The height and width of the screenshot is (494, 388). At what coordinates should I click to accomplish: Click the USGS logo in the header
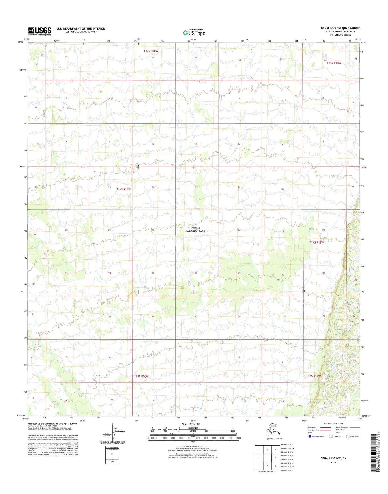point(40,31)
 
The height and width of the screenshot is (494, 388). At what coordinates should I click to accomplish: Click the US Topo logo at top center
point(194,32)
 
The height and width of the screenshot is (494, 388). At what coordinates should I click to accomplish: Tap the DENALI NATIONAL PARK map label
point(195,229)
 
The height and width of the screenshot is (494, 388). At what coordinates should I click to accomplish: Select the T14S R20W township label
point(124,189)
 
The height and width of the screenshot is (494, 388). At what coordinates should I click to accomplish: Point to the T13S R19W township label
point(334,63)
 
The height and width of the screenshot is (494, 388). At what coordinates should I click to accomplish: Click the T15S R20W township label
point(141,376)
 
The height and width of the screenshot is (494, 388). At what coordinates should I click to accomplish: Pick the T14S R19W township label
point(317,242)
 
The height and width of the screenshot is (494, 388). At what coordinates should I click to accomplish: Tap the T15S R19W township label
point(313,376)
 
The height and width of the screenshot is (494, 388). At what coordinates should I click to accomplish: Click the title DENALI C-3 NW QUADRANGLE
point(340,28)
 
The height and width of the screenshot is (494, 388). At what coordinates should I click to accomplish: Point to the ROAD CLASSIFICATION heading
point(333,423)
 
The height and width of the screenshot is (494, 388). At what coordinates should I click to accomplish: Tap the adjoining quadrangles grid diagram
point(267,458)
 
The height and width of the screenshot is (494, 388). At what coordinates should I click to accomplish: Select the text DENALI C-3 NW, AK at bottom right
point(333,458)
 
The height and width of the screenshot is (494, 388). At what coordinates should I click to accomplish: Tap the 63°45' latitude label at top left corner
point(21,42)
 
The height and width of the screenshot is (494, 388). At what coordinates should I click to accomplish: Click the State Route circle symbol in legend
point(348,436)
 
